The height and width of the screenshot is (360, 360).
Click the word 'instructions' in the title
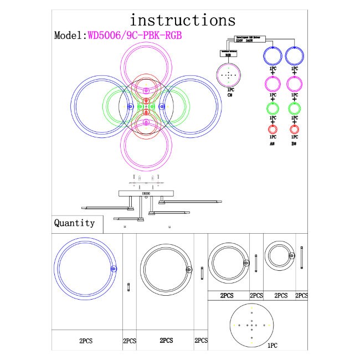(182, 20)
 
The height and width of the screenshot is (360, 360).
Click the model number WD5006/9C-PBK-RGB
(135, 35)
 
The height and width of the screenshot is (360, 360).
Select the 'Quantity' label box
(74, 223)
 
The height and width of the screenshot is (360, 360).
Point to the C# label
(230, 94)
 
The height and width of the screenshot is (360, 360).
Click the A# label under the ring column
(272, 143)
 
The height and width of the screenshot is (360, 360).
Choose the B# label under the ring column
(294, 143)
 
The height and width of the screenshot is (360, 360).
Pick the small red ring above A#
(272, 130)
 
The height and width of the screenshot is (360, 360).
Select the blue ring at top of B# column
(294, 55)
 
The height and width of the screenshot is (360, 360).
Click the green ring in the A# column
(272, 107)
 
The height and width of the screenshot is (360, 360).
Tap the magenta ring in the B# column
(294, 83)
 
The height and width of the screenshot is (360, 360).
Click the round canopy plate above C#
(229, 74)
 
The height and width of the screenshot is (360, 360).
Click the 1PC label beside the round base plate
(272, 345)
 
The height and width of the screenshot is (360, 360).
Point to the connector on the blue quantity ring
(114, 269)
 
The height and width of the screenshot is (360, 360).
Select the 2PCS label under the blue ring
(86, 341)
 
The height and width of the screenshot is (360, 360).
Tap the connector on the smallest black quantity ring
(291, 255)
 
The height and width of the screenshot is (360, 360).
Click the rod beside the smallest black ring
(301, 257)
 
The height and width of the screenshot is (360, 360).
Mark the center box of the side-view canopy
(147, 193)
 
